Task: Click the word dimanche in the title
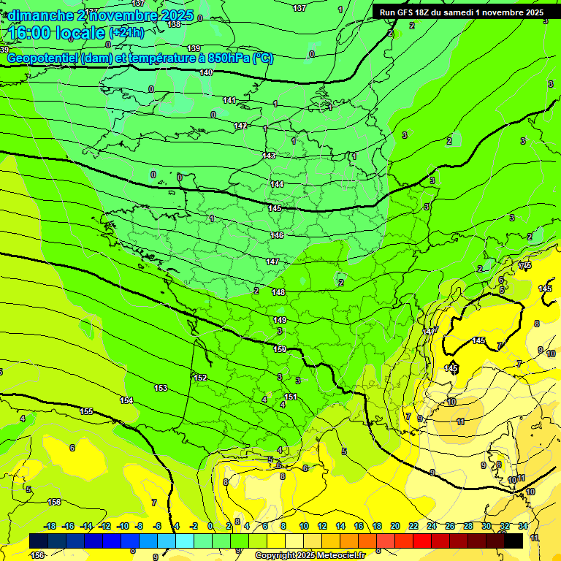[39, 15]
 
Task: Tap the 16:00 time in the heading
[31, 33]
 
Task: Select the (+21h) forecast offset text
[126, 33]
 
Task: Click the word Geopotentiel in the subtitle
[43, 58]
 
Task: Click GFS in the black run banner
[405, 12]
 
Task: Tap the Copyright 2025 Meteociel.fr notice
[309, 555]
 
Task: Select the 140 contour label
[206, 72]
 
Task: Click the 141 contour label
[229, 100]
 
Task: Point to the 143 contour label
[269, 156]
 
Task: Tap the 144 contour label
[277, 184]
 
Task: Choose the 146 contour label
[277, 235]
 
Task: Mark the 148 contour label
[278, 292]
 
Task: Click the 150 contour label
[280, 349]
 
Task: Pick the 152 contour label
[200, 378]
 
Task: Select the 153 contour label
[161, 388]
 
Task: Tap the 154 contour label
[126, 400]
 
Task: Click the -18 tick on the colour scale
[50, 526]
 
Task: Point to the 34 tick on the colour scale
[523, 526]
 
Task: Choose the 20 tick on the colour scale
[395, 526]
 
